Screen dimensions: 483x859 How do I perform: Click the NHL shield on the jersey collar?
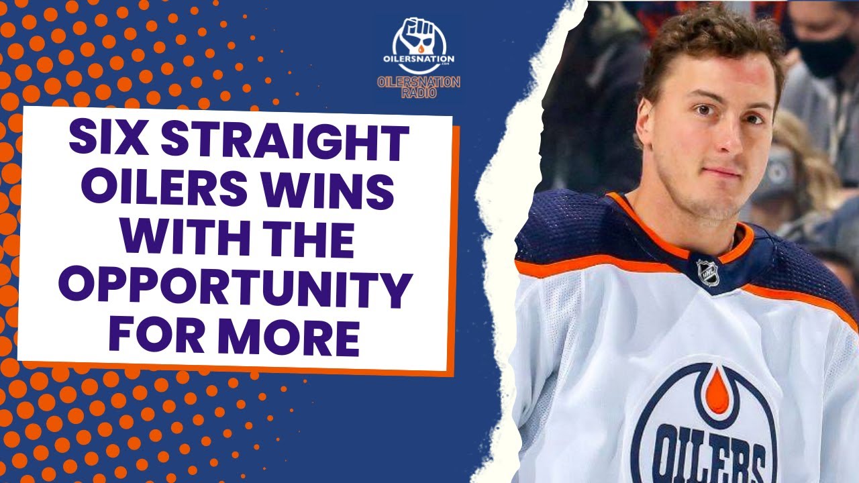(x=707, y=272)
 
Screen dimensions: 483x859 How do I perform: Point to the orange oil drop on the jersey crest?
(x=716, y=392)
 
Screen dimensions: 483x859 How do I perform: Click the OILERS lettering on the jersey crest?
(x=711, y=456)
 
